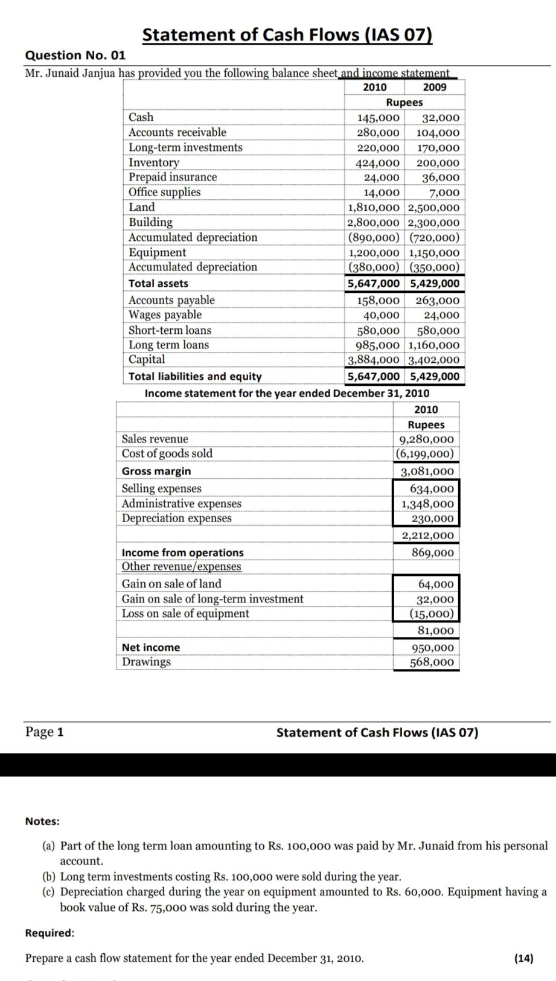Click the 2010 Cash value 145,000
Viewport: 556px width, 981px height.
(378, 118)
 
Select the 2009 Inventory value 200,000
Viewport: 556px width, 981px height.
(438, 163)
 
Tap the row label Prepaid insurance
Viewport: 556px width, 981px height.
(173, 177)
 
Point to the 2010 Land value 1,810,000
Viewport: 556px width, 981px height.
(374, 208)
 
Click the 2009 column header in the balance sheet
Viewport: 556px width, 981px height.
(435, 88)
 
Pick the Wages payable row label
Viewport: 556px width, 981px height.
(165, 315)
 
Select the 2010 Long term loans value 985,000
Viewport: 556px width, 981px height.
(378, 345)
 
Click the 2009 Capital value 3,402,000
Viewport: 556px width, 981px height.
(434, 360)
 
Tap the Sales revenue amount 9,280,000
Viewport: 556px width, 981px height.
(426, 439)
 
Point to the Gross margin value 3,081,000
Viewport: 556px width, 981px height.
(427, 471)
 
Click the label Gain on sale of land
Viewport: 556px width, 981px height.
(171, 584)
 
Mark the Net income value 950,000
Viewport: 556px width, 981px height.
(432, 648)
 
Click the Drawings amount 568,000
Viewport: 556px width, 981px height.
(432, 662)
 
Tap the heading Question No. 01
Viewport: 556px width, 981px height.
(75, 56)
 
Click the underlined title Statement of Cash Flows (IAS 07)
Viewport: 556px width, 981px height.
(287, 35)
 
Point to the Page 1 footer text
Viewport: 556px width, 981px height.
(44, 732)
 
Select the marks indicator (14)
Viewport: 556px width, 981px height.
(523, 958)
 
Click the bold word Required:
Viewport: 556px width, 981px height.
(50, 933)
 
